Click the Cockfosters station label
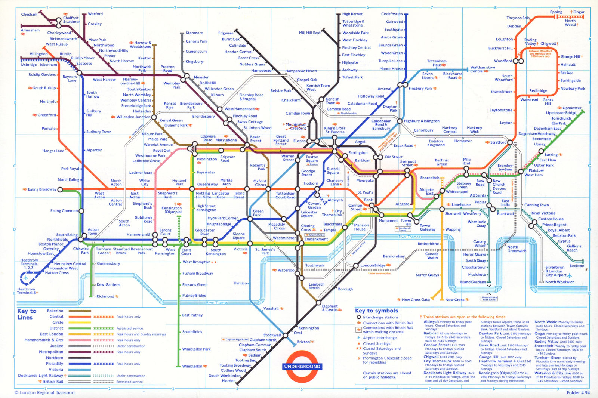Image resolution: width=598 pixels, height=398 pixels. click(392, 14)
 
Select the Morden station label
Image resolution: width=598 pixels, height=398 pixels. click(228, 381)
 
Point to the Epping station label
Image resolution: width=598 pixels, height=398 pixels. click(556, 12)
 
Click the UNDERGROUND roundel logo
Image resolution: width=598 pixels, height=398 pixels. click(302, 366)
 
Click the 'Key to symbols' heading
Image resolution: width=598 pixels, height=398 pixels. click(376, 311)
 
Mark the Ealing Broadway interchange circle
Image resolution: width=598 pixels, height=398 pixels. click(60, 189)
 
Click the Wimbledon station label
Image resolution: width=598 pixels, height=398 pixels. click(192, 366)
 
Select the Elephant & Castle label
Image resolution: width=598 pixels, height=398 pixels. click(330, 308)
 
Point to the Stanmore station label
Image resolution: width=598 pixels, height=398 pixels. click(194, 33)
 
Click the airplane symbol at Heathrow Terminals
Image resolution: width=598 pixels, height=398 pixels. click(26, 278)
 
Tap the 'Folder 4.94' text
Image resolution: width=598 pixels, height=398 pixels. click(578, 392)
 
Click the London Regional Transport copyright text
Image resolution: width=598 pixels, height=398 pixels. click(45, 392)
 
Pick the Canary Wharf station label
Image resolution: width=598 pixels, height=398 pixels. click(480, 244)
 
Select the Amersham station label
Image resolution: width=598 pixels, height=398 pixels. click(30, 30)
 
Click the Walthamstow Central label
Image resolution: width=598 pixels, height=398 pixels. click(483, 69)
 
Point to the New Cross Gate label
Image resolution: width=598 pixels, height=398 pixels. click(416, 300)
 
